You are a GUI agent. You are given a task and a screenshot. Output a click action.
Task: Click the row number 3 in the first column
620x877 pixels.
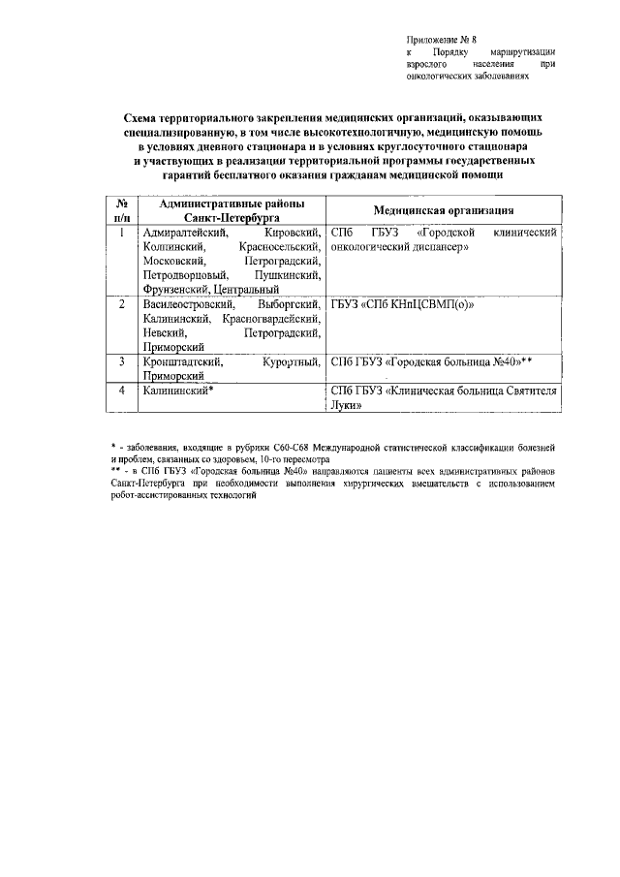(123, 361)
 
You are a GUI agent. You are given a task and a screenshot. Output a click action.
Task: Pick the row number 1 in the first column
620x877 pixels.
(123, 234)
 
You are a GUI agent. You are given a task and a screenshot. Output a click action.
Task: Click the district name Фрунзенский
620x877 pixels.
(175, 289)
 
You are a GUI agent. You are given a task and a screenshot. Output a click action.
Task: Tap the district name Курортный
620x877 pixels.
(292, 361)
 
